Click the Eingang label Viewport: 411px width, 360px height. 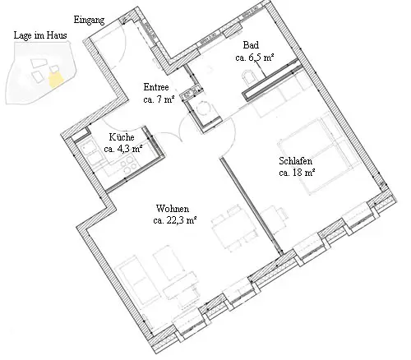tap(89, 20)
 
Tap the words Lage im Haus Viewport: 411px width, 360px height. tap(40, 35)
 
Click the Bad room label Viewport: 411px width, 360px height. tap(251, 45)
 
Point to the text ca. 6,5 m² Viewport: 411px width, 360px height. tap(255, 58)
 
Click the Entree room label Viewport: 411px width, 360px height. tap(156, 87)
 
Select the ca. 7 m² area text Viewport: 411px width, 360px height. tap(159, 99)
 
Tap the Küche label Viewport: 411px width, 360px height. tap(122, 136)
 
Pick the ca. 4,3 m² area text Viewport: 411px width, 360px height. tap(123, 149)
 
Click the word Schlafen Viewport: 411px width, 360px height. tap(296, 161)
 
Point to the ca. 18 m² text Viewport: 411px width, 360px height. tap(297, 173)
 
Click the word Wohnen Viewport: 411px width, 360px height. tap(173, 209)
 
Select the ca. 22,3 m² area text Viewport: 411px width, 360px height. tap(175, 220)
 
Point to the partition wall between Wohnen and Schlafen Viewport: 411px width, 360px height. tap(251, 206)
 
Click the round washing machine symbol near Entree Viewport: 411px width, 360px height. tap(203, 108)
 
